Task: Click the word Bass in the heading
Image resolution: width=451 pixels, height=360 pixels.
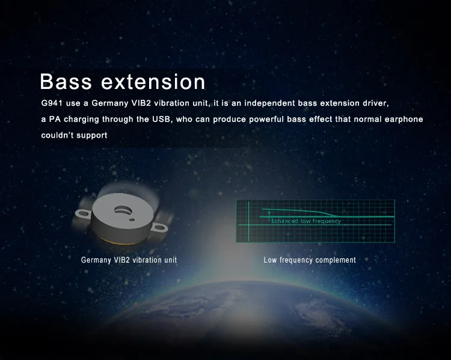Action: tap(66, 81)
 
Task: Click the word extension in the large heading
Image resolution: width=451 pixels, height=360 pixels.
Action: tap(153, 82)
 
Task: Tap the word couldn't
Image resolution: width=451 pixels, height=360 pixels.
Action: tap(57, 135)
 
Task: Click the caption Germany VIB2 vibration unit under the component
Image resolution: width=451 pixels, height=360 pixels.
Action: tap(129, 260)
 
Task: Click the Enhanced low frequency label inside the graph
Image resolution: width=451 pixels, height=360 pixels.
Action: tap(306, 221)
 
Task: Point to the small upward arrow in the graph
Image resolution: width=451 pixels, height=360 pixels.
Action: tap(269, 216)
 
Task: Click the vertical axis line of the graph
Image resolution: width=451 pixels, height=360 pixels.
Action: tap(249, 221)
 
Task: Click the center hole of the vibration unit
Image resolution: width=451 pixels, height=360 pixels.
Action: tap(123, 210)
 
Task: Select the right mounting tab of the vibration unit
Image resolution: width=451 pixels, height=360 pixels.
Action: tap(159, 228)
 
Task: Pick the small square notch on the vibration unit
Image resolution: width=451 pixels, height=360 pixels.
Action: tap(132, 220)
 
